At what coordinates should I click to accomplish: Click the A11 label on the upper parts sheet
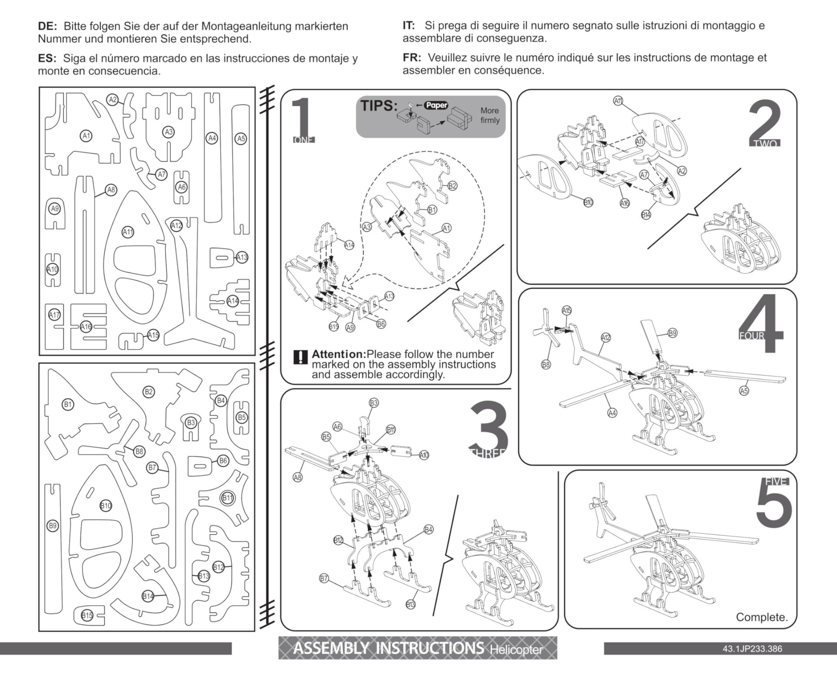point(127,232)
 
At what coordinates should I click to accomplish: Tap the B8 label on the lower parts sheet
point(139,452)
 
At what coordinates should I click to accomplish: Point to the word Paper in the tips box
point(436,105)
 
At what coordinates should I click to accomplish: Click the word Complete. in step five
point(762,617)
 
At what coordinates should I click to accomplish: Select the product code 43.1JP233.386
point(752,649)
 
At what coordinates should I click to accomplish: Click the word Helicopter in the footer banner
point(516,650)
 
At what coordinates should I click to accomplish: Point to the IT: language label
point(408,25)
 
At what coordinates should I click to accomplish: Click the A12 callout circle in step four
point(606,337)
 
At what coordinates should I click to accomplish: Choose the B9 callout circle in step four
point(673,333)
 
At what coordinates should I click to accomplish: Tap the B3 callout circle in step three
point(374,403)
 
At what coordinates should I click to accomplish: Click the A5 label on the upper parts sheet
point(241,139)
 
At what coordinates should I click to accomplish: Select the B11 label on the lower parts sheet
point(228,498)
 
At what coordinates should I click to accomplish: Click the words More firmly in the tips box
point(490,115)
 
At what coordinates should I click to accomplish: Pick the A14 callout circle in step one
point(349,245)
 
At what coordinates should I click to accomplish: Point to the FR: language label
point(412,58)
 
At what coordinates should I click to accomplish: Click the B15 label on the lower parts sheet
point(87,615)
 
